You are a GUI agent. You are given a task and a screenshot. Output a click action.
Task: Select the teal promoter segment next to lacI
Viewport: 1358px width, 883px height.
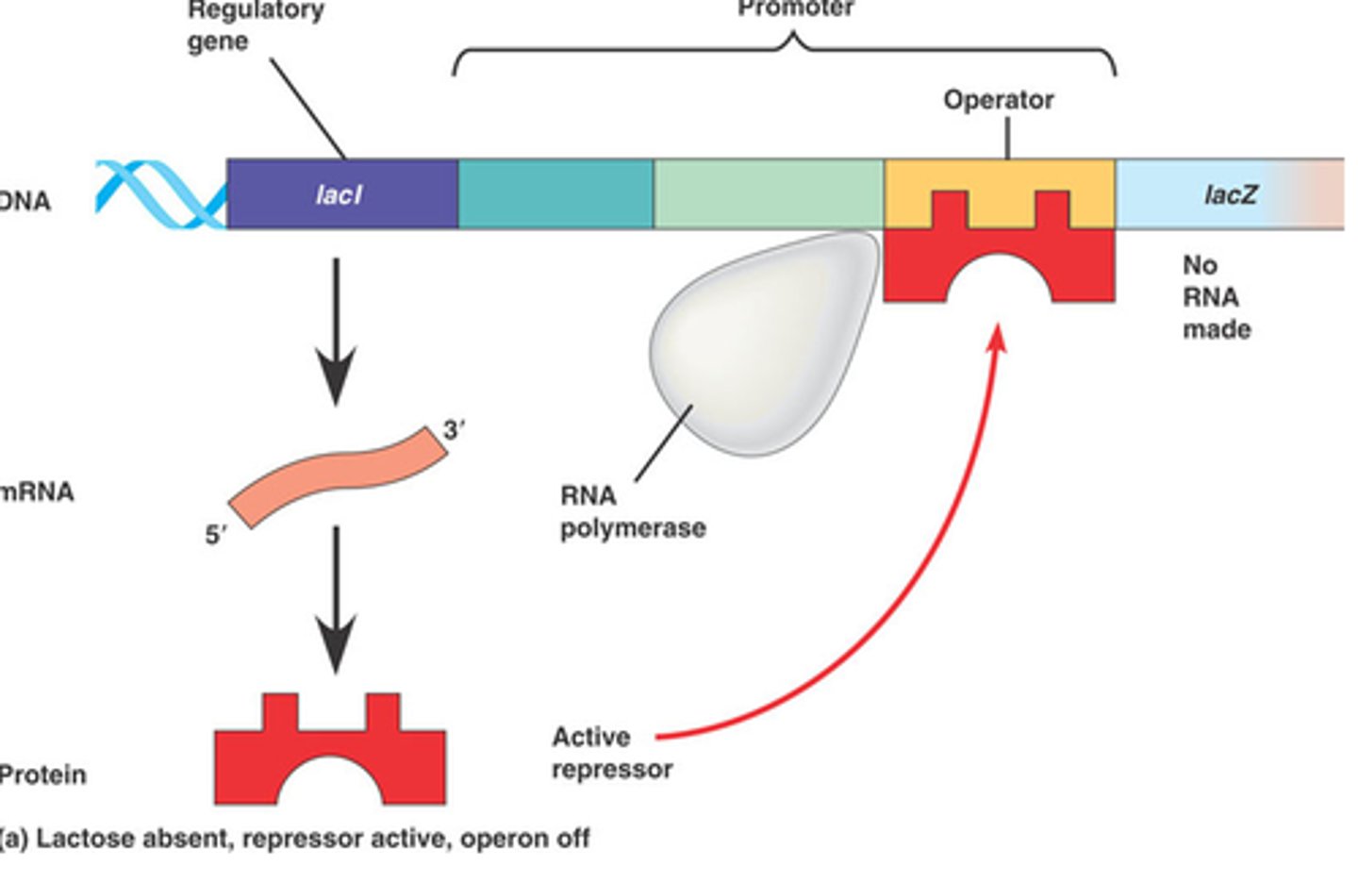(x=555, y=194)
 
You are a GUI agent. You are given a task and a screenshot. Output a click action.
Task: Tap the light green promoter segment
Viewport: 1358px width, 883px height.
(x=768, y=194)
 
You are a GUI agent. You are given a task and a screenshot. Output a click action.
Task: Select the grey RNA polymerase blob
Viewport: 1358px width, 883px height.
(x=764, y=349)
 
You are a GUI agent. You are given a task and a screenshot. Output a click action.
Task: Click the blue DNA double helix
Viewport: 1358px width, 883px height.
(x=160, y=194)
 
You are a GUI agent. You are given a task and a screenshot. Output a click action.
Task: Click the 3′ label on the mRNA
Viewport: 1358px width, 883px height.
(x=454, y=430)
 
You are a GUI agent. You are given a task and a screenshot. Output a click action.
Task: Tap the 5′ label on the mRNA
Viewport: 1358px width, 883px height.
(x=215, y=536)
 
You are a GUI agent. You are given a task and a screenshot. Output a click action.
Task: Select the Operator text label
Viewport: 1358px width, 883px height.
(x=999, y=100)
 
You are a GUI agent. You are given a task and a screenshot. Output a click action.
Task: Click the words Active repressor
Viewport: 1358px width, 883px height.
(x=611, y=753)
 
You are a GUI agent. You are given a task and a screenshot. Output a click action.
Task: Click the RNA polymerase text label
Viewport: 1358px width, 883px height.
(x=632, y=511)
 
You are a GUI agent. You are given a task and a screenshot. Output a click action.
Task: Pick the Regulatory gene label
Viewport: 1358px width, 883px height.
(x=255, y=25)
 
